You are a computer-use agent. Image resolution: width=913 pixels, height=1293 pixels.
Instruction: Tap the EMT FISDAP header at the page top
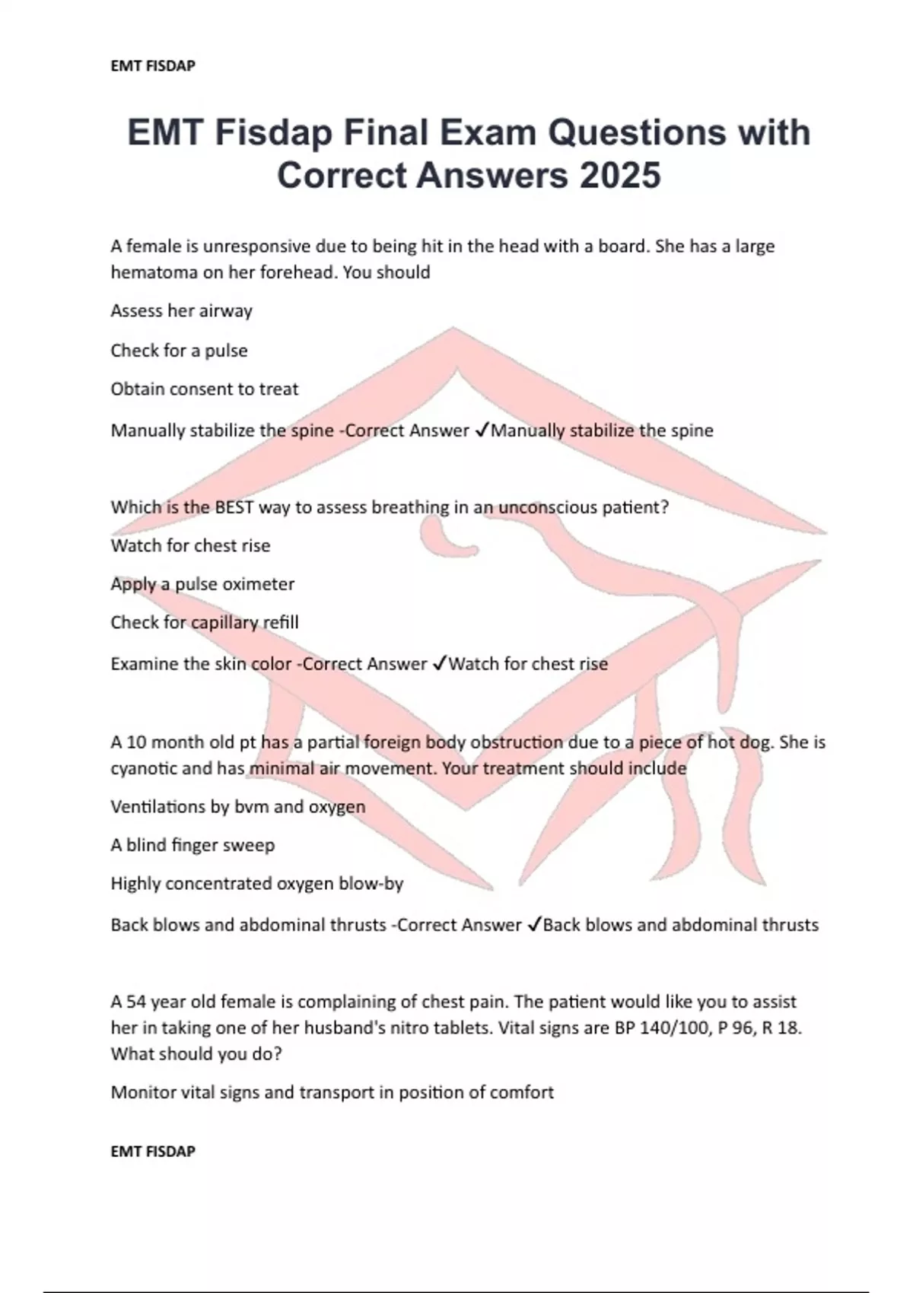[x=153, y=66]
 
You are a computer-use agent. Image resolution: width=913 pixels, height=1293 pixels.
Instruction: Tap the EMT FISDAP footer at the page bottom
[x=153, y=1152]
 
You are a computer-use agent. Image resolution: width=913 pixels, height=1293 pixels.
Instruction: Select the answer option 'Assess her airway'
[x=181, y=310]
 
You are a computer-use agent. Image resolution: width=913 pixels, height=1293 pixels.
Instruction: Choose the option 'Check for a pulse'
[x=179, y=351]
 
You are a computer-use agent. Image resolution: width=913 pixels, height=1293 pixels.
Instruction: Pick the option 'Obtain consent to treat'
[x=205, y=389]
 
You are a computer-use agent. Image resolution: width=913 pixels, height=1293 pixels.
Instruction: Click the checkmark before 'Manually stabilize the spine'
[x=482, y=430]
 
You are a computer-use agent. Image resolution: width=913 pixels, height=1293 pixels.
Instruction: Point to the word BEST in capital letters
[x=230, y=507]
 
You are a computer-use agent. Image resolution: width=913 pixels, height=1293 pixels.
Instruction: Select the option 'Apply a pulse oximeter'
[x=202, y=584]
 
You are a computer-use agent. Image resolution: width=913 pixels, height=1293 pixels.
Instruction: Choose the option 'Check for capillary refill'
[x=205, y=622]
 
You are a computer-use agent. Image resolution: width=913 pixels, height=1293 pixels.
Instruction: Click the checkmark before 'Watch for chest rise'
[x=440, y=664]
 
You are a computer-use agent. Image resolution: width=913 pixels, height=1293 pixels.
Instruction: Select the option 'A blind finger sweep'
[x=192, y=845]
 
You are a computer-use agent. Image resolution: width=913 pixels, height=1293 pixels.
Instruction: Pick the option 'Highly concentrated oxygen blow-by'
[x=257, y=884]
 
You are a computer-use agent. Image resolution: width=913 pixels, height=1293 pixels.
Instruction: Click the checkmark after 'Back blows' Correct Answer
[x=534, y=925]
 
